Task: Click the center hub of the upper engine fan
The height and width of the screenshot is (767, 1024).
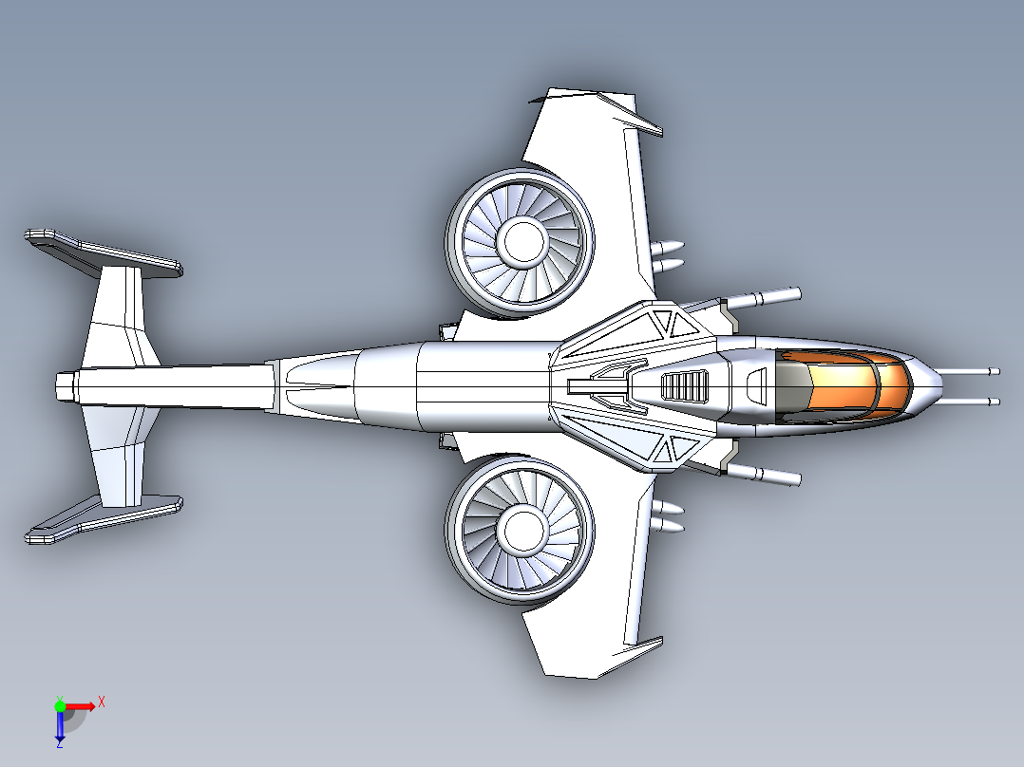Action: [x=521, y=241]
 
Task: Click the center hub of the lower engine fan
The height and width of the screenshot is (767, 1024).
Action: [x=521, y=529]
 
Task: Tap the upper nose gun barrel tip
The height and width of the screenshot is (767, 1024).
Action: [x=995, y=371]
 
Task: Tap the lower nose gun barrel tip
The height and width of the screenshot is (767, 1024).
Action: [x=995, y=402]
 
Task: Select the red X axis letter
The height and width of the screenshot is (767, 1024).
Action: [x=102, y=702]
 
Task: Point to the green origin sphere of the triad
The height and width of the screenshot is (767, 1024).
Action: [x=60, y=705]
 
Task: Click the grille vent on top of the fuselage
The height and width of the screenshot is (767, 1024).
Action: [x=684, y=385]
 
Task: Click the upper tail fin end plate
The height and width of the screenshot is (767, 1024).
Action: [x=104, y=253]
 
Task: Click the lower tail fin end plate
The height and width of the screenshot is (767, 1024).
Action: [x=104, y=519]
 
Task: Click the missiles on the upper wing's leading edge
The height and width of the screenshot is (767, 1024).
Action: [x=668, y=256]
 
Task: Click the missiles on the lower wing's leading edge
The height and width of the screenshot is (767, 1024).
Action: [x=668, y=515]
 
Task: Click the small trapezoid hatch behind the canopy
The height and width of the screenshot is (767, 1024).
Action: [x=755, y=385]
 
